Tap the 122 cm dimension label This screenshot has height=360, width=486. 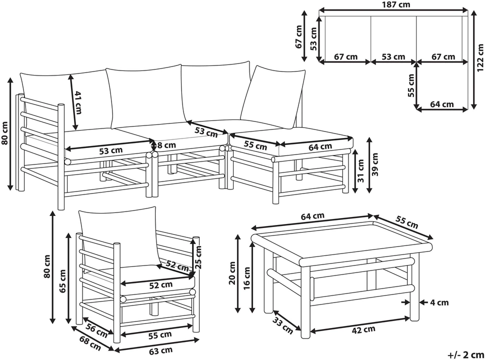[480, 58]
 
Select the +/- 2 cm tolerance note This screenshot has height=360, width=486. [466, 354]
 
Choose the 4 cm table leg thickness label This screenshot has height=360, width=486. [439, 302]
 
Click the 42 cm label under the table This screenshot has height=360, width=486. [363, 329]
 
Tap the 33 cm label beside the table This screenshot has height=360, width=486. [283, 326]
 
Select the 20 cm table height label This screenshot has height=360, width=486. [232, 273]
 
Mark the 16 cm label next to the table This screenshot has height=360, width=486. [246, 278]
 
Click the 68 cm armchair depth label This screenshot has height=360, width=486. [90, 342]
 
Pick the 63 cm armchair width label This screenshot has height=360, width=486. [161, 350]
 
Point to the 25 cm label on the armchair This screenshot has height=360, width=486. [198, 257]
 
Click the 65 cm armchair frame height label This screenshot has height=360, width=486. [62, 281]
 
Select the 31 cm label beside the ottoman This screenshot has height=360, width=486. [360, 170]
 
